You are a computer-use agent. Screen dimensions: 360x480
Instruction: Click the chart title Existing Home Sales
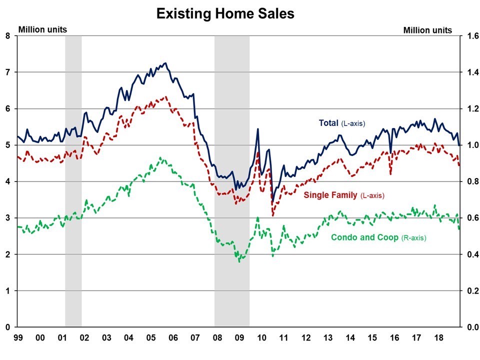225,13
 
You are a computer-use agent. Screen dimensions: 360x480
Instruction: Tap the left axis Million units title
42,29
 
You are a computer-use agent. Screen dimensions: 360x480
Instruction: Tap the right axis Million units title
427,30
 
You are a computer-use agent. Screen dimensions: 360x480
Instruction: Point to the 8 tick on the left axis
7,35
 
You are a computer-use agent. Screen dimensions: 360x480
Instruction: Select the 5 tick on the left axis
7,145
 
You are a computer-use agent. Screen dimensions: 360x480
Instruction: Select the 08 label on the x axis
219,337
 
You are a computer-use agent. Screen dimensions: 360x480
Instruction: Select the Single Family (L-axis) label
344,195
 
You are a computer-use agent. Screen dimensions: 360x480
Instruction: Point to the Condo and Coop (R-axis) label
378,237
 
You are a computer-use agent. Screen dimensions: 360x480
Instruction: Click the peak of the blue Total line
165,63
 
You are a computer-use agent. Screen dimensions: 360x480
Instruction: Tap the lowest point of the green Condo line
239,261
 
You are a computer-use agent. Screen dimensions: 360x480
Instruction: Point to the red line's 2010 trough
273,215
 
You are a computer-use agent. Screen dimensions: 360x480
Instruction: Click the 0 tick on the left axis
7,327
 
